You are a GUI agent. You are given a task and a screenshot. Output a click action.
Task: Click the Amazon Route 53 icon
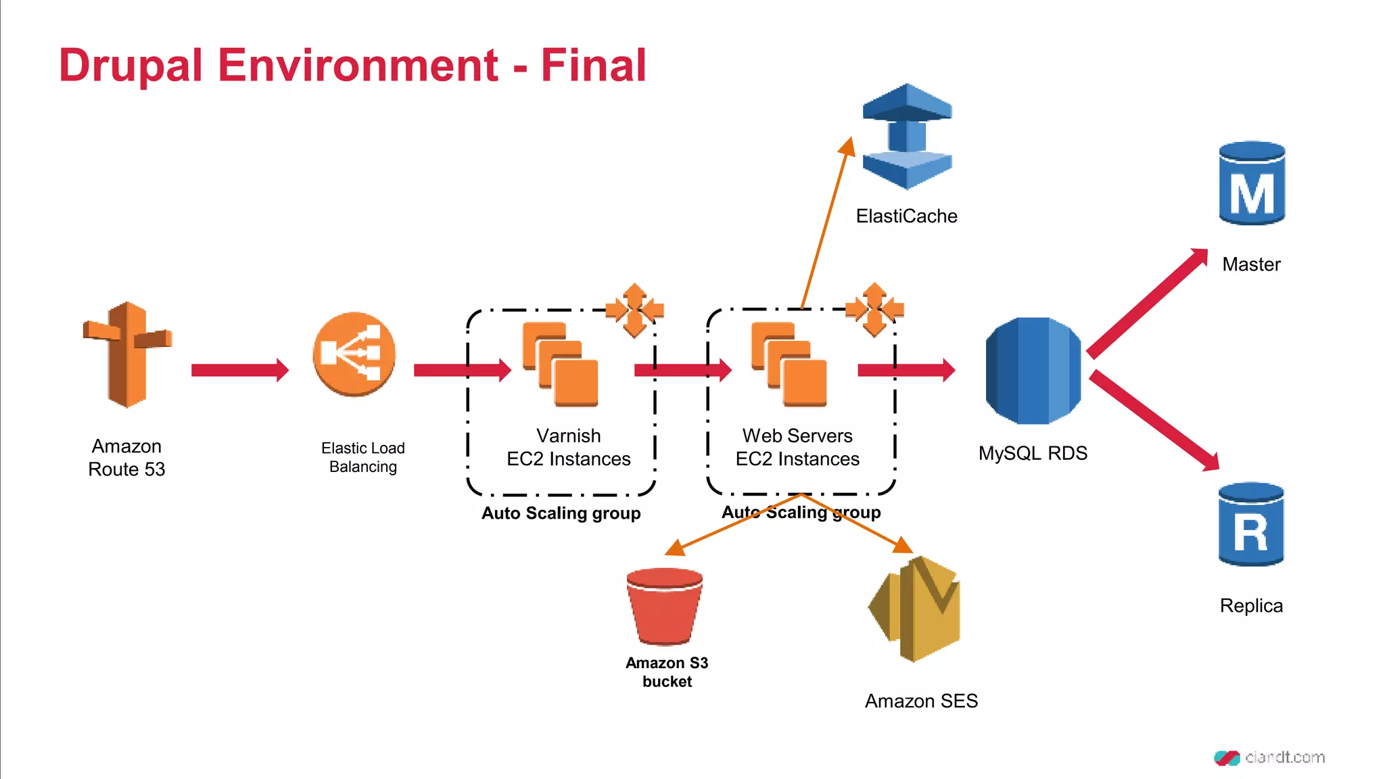[126, 355]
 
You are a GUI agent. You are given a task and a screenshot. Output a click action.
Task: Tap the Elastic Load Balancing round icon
[354, 354]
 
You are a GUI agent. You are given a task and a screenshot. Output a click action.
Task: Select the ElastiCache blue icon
[907, 137]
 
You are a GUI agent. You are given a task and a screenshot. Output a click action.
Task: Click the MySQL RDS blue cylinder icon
[1033, 371]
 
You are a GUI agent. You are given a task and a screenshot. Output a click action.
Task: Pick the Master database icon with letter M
[1252, 183]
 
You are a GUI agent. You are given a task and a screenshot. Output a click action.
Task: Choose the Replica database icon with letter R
[1251, 524]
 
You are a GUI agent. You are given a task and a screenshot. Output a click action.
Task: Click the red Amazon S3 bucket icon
[665, 606]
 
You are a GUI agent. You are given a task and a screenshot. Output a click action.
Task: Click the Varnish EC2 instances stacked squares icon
[561, 364]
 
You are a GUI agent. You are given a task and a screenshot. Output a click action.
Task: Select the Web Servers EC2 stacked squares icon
[789, 364]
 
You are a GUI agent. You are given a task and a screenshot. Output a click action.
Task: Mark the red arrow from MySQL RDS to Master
[1147, 303]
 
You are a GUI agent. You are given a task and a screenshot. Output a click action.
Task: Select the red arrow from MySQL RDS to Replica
[1154, 420]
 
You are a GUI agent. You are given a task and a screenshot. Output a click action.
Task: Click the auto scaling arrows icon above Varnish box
[634, 310]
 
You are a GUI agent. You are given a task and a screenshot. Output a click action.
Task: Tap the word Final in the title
[593, 66]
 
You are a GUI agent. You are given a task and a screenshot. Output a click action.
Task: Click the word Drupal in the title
[131, 66]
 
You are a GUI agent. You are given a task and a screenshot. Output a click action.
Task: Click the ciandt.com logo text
[1284, 757]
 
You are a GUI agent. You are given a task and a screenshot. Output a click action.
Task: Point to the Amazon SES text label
[921, 701]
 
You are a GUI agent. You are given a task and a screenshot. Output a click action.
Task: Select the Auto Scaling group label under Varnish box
[561, 513]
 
